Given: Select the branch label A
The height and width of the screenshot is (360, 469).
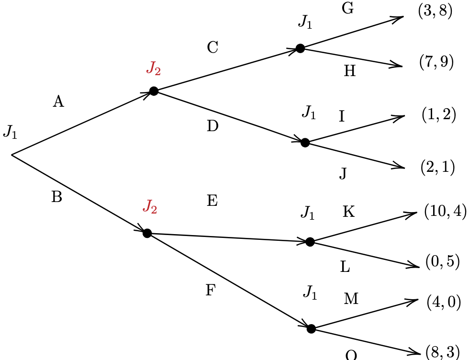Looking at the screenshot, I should (58, 101).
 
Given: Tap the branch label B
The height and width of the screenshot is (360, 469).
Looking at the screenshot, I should (56, 197).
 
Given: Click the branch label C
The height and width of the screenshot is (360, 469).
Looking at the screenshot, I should (212, 47).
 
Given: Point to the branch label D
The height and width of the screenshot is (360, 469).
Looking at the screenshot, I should (212, 126).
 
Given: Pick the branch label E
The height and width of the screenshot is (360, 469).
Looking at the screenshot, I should (212, 201).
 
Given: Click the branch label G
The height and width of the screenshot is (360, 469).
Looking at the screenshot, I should (347, 9).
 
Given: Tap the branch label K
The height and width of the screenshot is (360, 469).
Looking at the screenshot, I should (348, 212).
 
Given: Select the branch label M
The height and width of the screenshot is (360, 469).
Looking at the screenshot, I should (351, 299).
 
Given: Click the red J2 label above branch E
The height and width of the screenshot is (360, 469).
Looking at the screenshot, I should (150, 207).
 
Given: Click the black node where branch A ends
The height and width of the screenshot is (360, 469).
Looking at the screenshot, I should (154, 91).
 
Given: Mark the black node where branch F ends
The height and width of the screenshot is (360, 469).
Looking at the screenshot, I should (311, 328).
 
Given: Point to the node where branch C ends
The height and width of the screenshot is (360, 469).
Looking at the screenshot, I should (300, 48).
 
